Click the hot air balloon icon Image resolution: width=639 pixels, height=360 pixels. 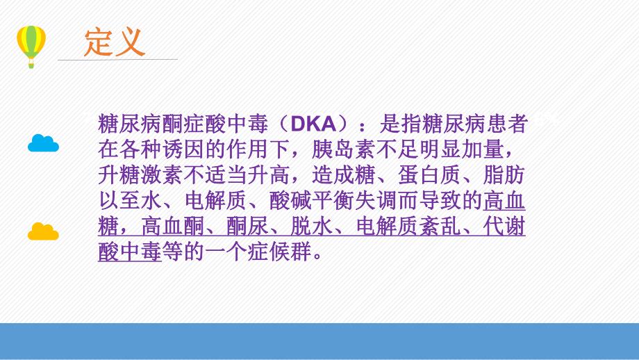pos(31,44)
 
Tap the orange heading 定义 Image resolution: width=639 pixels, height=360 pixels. pos(115,42)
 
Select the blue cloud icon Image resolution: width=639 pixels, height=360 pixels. pos(43,143)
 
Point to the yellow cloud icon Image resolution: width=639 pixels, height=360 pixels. pos(43,231)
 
